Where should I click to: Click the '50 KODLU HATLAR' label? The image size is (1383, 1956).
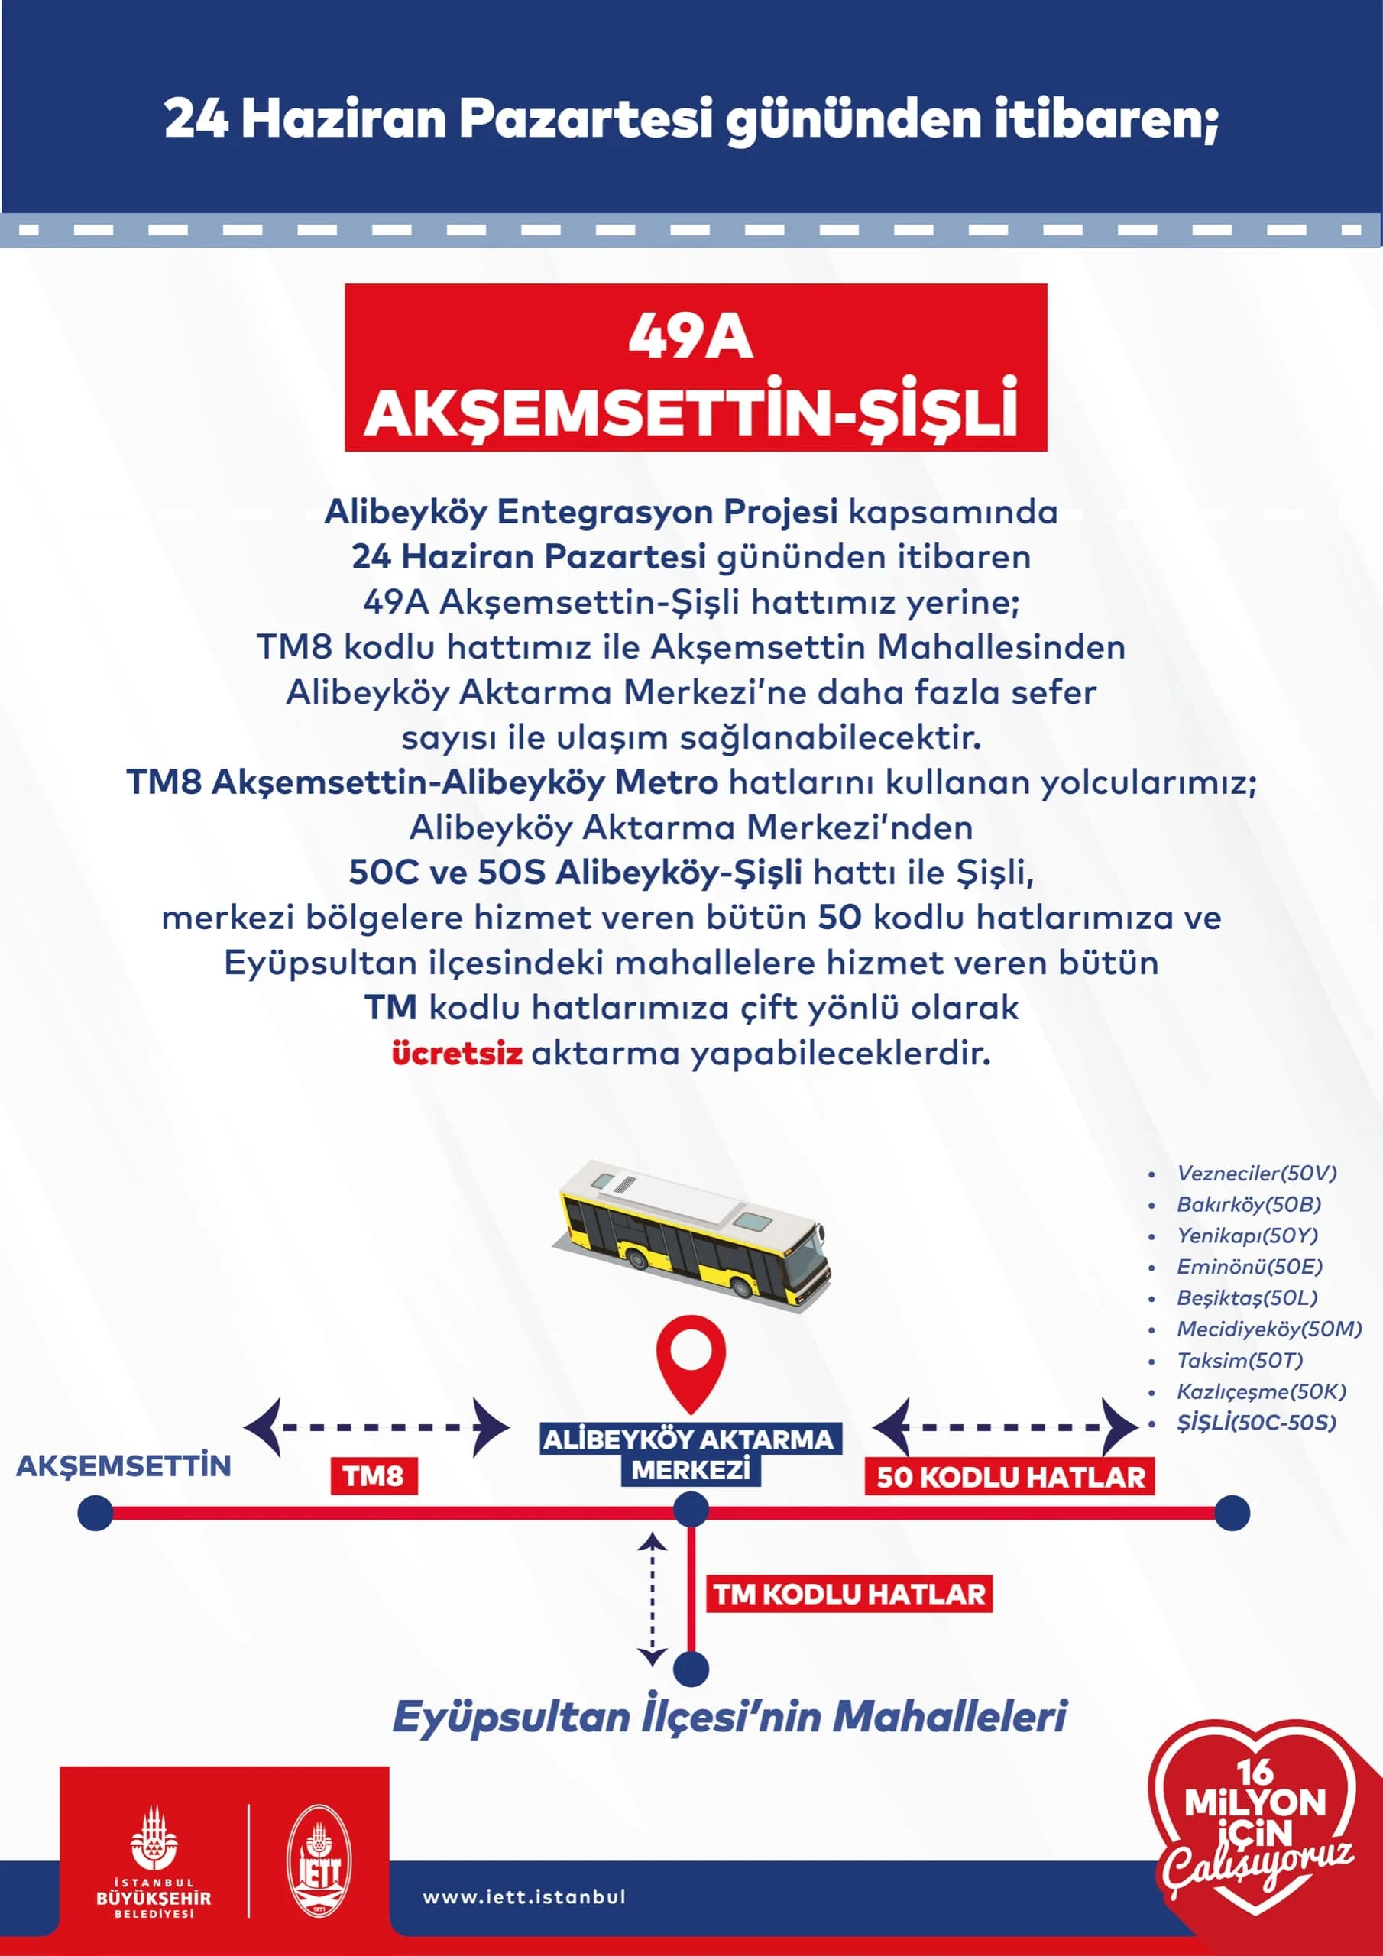click(x=1010, y=1476)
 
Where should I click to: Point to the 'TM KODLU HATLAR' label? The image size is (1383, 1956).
click(x=849, y=1594)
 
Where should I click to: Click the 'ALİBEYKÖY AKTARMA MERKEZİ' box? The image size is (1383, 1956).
click(x=690, y=1454)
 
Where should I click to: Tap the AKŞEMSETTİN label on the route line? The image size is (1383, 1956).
click(x=124, y=1465)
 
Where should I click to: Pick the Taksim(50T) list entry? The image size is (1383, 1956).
click(x=1239, y=1361)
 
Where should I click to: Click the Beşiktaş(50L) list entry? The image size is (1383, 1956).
click(x=1247, y=1297)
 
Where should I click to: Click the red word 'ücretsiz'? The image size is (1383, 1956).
click(x=457, y=1054)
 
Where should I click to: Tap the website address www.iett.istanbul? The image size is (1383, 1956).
click(x=524, y=1896)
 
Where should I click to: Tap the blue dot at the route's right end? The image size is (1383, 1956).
click(x=1231, y=1513)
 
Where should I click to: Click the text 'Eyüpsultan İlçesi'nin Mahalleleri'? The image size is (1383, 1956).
click(x=730, y=1716)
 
